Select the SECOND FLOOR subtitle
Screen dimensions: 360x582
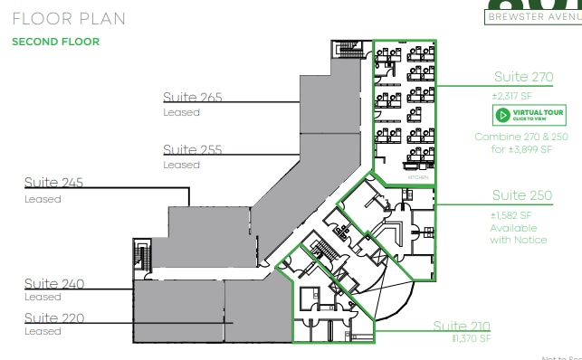[55, 42]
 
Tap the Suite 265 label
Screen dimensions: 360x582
[192, 98]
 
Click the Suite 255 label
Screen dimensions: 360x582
[192, 149]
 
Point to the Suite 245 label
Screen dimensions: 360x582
[53, 183]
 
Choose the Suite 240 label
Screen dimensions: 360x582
[53, 284]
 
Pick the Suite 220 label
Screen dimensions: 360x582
[53, 317]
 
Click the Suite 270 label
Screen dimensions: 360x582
[524, 77]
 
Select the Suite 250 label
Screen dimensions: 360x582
[522, 195]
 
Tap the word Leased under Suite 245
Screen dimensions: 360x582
[43, 199]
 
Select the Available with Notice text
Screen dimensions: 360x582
[519, 233]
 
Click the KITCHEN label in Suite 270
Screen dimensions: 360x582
[418, 179]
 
